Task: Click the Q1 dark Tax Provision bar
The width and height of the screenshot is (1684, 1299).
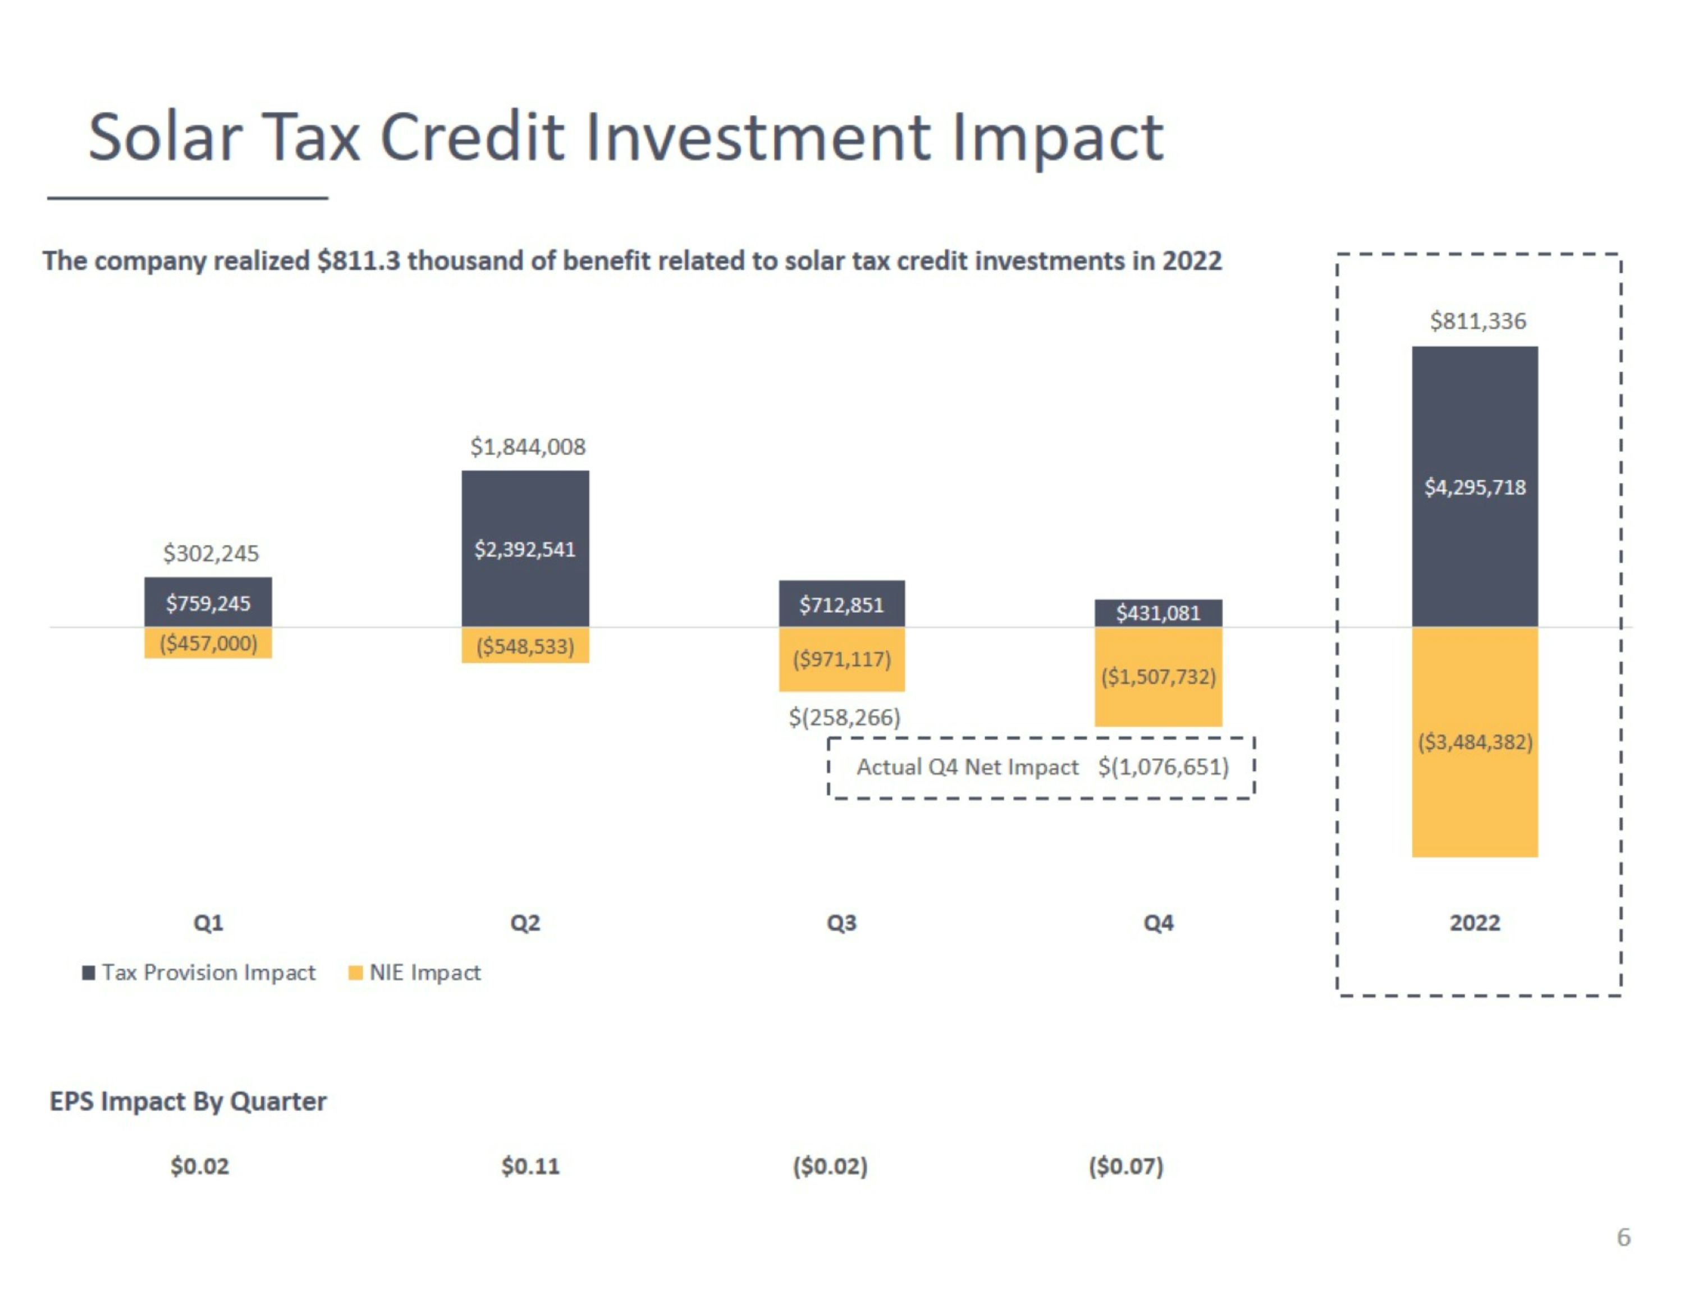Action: (x=208, y=602)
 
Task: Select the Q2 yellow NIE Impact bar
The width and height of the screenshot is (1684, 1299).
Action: (x=525, y=645)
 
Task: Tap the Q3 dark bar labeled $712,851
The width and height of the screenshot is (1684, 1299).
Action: (x=841, y=604)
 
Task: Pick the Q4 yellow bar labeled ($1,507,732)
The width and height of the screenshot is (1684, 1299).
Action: (x=1158, y=677)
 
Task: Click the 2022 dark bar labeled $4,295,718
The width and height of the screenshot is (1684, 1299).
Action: (x=1474, y=486)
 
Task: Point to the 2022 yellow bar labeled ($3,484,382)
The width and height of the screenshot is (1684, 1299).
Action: (x=1474, y=742)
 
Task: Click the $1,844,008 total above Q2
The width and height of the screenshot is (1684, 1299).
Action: (x=528, y=446)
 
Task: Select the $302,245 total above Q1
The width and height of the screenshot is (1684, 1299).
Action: (x=210, y=553)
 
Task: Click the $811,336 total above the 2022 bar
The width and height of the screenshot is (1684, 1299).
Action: (x=1477, y=321)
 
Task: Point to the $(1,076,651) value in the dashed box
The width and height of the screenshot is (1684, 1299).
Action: (x=1163, y=767)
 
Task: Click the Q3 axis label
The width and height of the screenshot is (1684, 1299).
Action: (x=841, y=923)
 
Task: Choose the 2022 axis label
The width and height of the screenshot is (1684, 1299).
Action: (x=1474, y=923)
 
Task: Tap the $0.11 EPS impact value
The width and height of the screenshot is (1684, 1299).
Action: (x=530, y=1165)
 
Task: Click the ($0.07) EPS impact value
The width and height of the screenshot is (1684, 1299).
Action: (x=1125, y=1165)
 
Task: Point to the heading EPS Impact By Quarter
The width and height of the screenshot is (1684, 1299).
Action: (x=188, y=1101)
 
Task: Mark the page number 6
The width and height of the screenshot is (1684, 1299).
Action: (x=1623, y=1237)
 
